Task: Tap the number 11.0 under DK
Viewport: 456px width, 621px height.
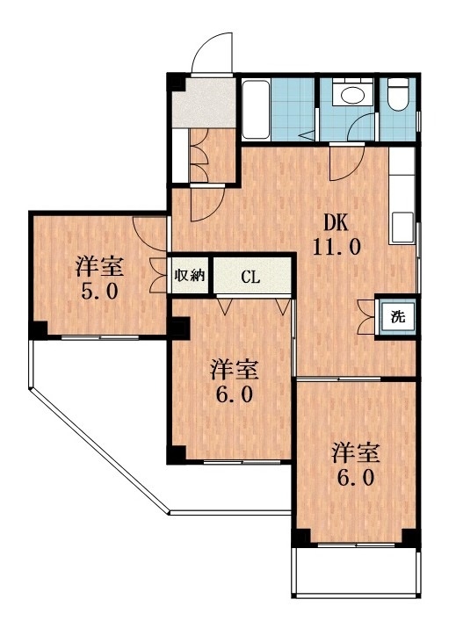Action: (335, 247)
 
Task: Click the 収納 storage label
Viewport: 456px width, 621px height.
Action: (189, 276)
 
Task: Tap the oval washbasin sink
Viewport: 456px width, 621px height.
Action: (353, 95)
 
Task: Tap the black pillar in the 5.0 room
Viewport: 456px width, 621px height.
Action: (38, 329)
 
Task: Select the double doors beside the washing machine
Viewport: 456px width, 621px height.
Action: (366, 315)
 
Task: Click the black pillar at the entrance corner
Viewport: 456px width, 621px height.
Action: (176, 83)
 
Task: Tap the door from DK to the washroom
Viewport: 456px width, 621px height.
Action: (341, 159)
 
